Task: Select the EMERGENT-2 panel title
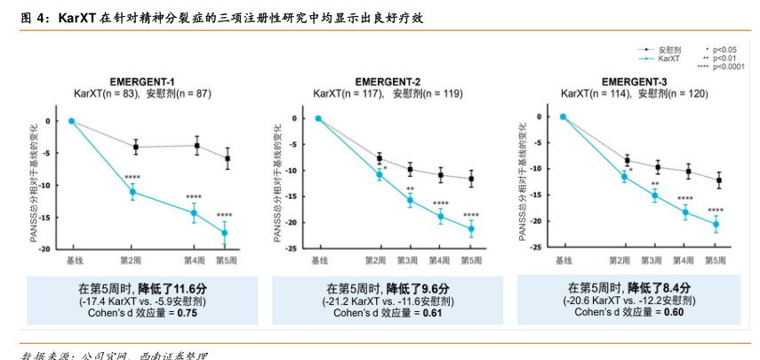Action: point(388,81)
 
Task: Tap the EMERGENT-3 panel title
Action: point(633,80)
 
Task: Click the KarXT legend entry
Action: point(668,59)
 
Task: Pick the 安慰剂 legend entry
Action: point(669,50)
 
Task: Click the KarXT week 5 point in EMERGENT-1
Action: point(225,233)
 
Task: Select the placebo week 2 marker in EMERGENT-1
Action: point(135,147)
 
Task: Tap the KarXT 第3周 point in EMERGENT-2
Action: point(410,200)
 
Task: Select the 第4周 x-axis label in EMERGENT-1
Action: point(194,260)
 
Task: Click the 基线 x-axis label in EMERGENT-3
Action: point(563,260)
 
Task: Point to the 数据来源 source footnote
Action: point(40,356)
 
